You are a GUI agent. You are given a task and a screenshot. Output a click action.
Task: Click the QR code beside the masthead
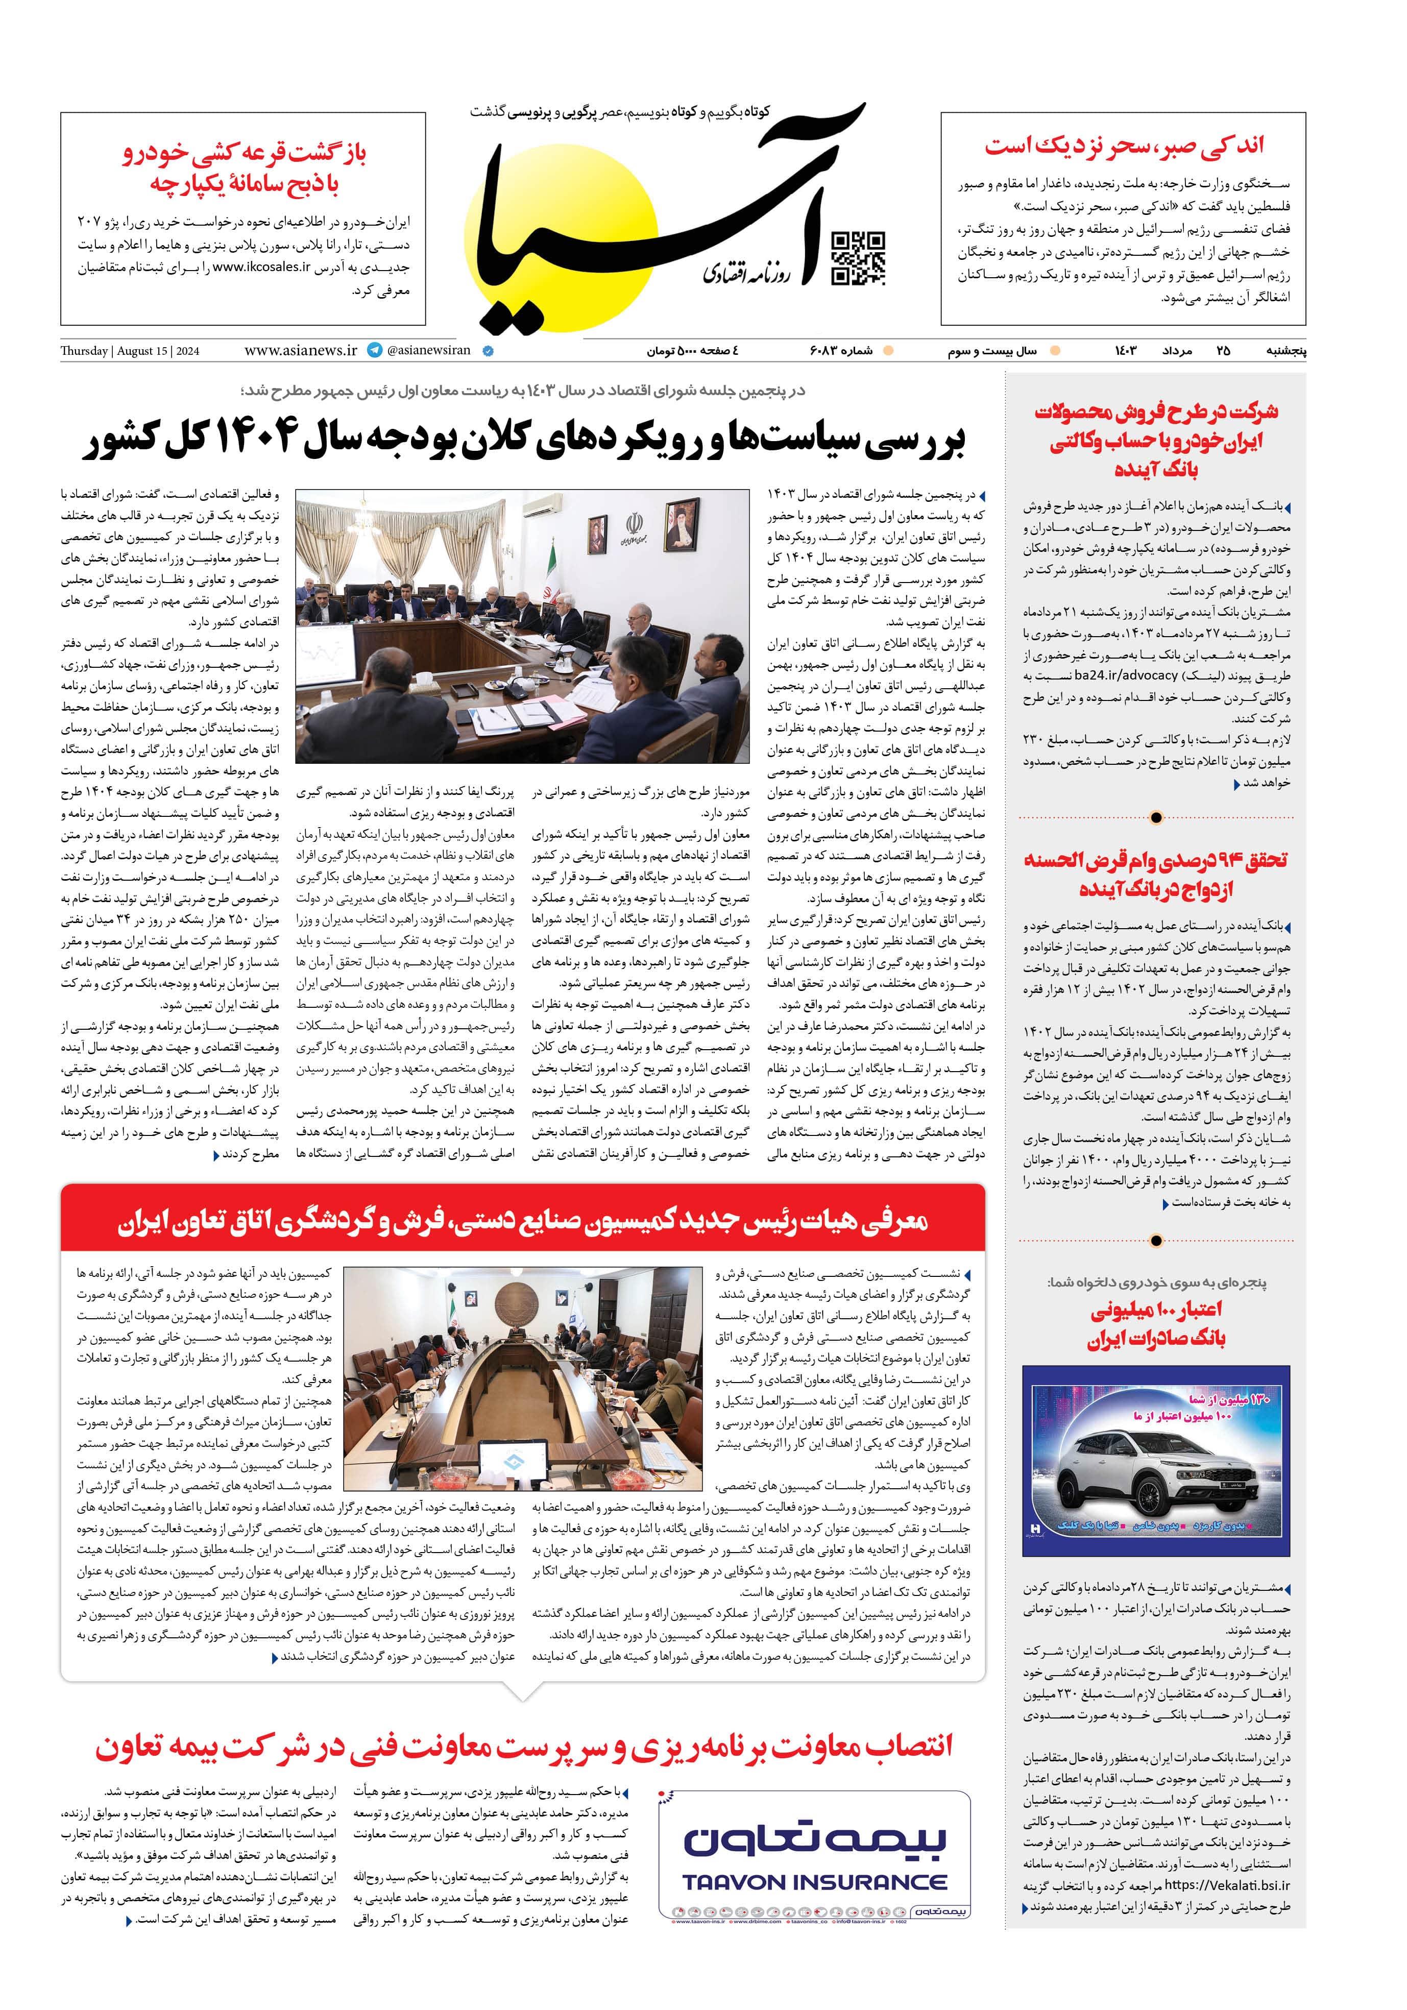(x=857, y=259)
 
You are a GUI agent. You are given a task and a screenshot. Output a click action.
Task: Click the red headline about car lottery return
(x=244, y=169)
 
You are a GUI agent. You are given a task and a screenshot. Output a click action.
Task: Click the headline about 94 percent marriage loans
(x=1156, y=874)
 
